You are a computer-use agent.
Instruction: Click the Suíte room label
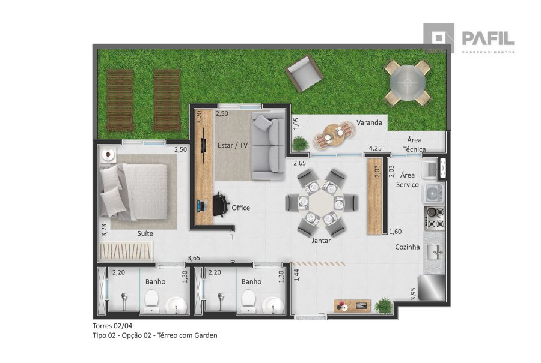145,233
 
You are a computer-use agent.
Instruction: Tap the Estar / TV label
233,145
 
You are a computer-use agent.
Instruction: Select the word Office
240,208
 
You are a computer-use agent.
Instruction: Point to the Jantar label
321,241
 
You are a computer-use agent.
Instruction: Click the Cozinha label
408,247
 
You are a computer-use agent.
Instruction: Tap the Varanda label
369,122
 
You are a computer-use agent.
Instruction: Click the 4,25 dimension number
375,148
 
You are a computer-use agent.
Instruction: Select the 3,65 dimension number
194,258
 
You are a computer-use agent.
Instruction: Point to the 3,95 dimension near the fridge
414,294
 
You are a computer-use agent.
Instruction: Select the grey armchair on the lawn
304,74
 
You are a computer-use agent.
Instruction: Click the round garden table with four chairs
408,83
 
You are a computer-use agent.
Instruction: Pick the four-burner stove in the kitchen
435,218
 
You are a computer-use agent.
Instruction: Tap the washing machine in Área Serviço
433,194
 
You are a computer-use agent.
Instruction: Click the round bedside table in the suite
109,155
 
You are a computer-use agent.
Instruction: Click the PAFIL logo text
488,38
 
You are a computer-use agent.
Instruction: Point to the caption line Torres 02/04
112,326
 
